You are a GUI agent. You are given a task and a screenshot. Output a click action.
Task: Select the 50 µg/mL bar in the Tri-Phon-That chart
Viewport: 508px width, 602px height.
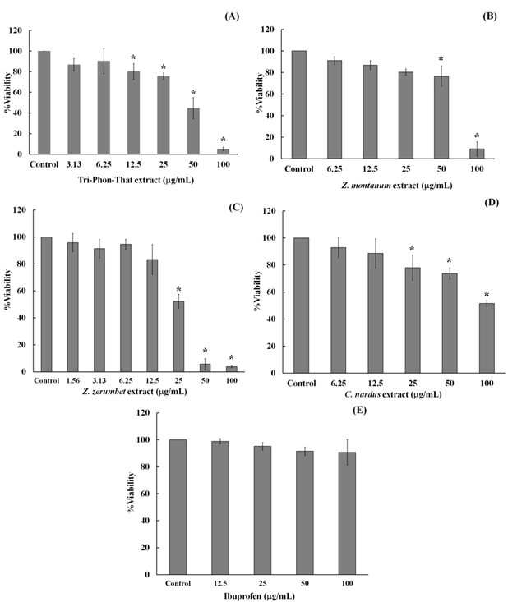tap(193, 131)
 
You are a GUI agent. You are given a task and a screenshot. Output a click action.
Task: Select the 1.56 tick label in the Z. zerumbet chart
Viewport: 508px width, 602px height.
tap(77, 379)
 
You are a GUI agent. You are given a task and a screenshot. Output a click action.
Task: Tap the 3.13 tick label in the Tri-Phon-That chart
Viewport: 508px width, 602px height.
tap(74, 162)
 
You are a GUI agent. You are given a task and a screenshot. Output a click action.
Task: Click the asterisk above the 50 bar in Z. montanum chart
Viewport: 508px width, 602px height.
tap(441, 59)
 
